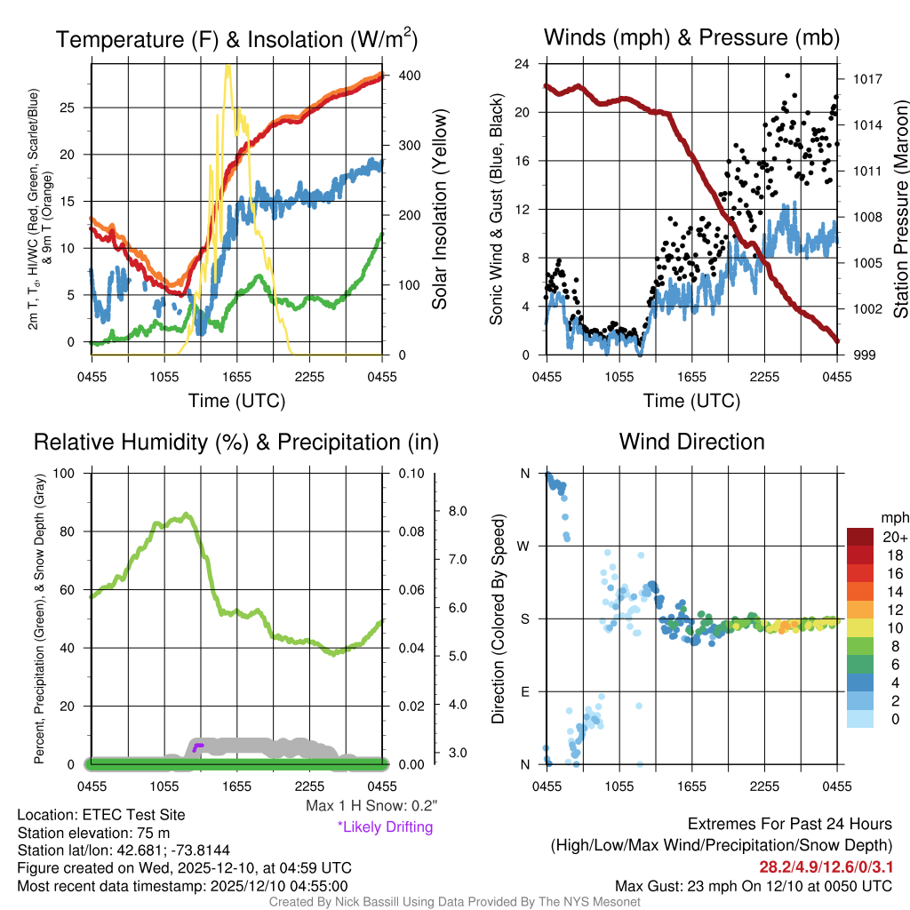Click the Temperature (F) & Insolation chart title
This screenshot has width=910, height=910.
pos(236,39)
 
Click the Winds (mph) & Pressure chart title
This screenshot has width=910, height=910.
pos(691,37)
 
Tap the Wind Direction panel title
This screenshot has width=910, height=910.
pos(691,442)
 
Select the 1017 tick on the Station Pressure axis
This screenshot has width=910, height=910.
pos(866,78)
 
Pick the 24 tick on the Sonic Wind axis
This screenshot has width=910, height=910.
pos(523,64)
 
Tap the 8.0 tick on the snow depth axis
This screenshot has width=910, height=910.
pos(459,511)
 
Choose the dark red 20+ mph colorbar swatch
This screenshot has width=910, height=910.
pos(861,536)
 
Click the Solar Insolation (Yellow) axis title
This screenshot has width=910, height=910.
pos(439,210)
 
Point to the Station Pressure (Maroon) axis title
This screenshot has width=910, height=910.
pos(899,210)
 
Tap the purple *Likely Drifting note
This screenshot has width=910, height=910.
pos(385,826)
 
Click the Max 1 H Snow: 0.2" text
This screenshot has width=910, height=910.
pos(371,806)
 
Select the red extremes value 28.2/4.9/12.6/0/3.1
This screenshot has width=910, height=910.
pos(825,866)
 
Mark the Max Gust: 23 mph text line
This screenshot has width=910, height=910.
pos(754,886)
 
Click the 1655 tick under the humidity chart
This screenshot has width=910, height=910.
pos(236,786)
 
